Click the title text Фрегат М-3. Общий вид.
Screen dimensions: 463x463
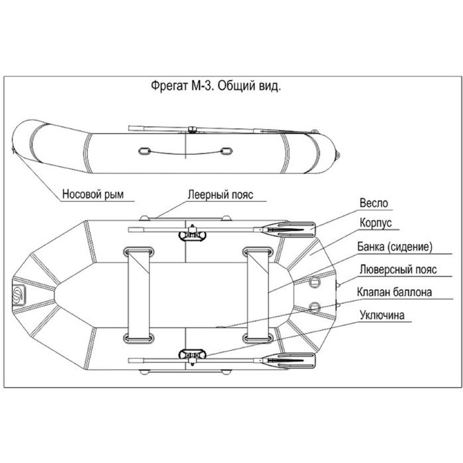coord(217,87)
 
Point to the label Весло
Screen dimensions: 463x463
coord(374,203)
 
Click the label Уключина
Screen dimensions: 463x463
coord(382,315)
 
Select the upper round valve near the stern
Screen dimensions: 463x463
coord(314,280)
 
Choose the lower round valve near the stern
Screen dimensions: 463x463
coord(314,307)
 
